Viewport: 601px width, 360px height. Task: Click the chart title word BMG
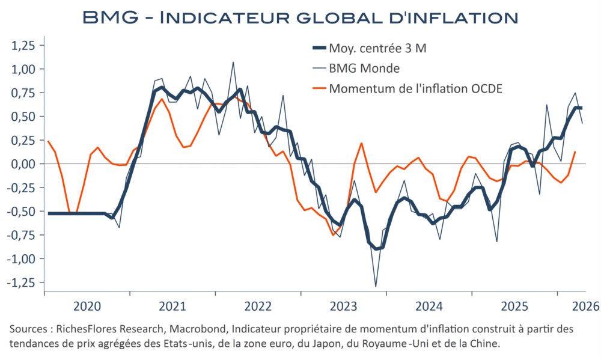coord(110,18)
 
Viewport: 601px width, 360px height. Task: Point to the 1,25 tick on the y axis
coord(23,46)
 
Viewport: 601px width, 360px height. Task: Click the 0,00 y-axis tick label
coord(23,164)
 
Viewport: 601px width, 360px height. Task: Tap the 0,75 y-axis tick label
coord(23,93)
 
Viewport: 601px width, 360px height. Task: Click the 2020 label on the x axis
coord(87,306)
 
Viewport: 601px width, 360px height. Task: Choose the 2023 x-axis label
coord(343,306)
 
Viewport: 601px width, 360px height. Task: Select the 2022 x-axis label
coord(258,306)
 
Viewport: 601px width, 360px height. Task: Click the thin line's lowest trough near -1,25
coord(375,287)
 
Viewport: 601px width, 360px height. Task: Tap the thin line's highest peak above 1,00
coord(233,62)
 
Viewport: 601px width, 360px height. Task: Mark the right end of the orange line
coord(575,152)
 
